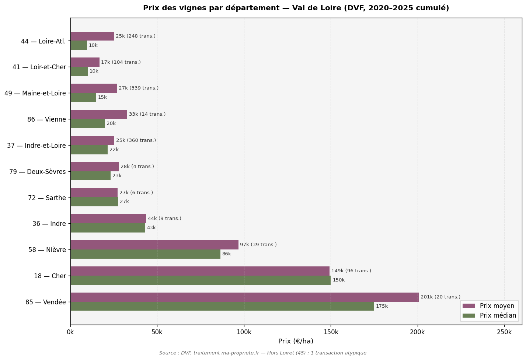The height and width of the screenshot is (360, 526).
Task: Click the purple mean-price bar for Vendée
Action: click(244, 297)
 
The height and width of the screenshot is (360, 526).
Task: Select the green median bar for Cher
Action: click(201, 280)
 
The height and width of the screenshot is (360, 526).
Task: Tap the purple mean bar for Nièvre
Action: click(154, 245)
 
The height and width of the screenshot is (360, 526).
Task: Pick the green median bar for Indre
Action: click(108, 228)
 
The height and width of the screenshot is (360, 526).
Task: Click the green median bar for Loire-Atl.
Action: click(79, 45)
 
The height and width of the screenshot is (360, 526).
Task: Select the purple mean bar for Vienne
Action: click(99, 115)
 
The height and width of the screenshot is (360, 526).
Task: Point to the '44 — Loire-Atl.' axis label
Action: click(43, 41)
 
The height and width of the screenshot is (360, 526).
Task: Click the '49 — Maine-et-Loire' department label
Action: click(35, 93)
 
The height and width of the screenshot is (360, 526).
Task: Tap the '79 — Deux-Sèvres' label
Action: click(38, 172)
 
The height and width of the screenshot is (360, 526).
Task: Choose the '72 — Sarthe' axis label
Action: click(47, 198)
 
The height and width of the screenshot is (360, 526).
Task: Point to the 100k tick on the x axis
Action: click(244, 332)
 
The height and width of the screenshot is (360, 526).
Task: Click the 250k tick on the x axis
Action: click(504, 332)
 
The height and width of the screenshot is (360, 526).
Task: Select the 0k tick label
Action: click(70, 332)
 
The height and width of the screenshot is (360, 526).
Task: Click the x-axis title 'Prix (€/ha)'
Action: click(296, 341)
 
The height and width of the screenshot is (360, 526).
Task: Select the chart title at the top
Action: click(296, 8)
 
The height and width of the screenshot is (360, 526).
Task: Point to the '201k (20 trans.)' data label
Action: click(440, 297)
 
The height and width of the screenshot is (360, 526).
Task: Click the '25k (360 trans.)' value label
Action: click(136, 140)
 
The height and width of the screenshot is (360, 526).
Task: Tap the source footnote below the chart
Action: click(262, 353)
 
